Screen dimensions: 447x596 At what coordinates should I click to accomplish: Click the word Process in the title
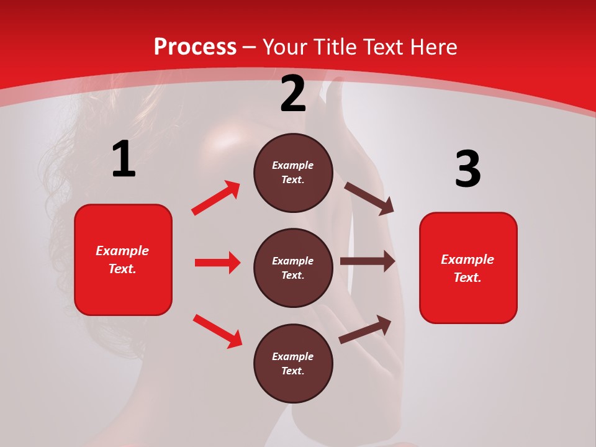pyautogui.click(x=195, y=47)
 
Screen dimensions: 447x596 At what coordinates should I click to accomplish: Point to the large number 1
pyautogui.click(x=124, y=160)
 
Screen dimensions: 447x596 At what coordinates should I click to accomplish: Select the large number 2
pyautogui.click(x=293, y=94)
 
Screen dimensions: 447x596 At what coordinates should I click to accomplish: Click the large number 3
pyautogui.click(x=467, y=169)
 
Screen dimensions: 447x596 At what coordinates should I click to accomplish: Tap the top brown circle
pyautogui.click(x=293, y=173)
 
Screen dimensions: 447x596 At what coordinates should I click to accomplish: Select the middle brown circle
pyautogui.click(x=293, y=268)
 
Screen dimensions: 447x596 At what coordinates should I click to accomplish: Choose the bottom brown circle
pyautogui.click(x=293, y=363)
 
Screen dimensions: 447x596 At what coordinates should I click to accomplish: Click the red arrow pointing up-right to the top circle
pyautogui.click(x=216, y=198)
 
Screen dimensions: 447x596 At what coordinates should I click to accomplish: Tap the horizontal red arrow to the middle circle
pyautogui.click(x=217, y=263)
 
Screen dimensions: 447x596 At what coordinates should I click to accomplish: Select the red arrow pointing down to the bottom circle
pyautogui.click(x=217, y=331)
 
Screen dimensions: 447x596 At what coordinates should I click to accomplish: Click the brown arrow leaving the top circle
pyautogui.click(x=369, y=198)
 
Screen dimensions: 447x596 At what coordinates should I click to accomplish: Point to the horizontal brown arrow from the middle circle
pyautogui.click(x=368, y=261)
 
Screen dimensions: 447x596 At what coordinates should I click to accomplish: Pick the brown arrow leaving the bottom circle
pyautogui.click(x=365, y=330)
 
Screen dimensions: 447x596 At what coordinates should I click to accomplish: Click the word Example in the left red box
pyautogui.click(x=122, y=251)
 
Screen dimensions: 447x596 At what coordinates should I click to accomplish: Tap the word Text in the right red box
pyautogui.click(x=467, y=278)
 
